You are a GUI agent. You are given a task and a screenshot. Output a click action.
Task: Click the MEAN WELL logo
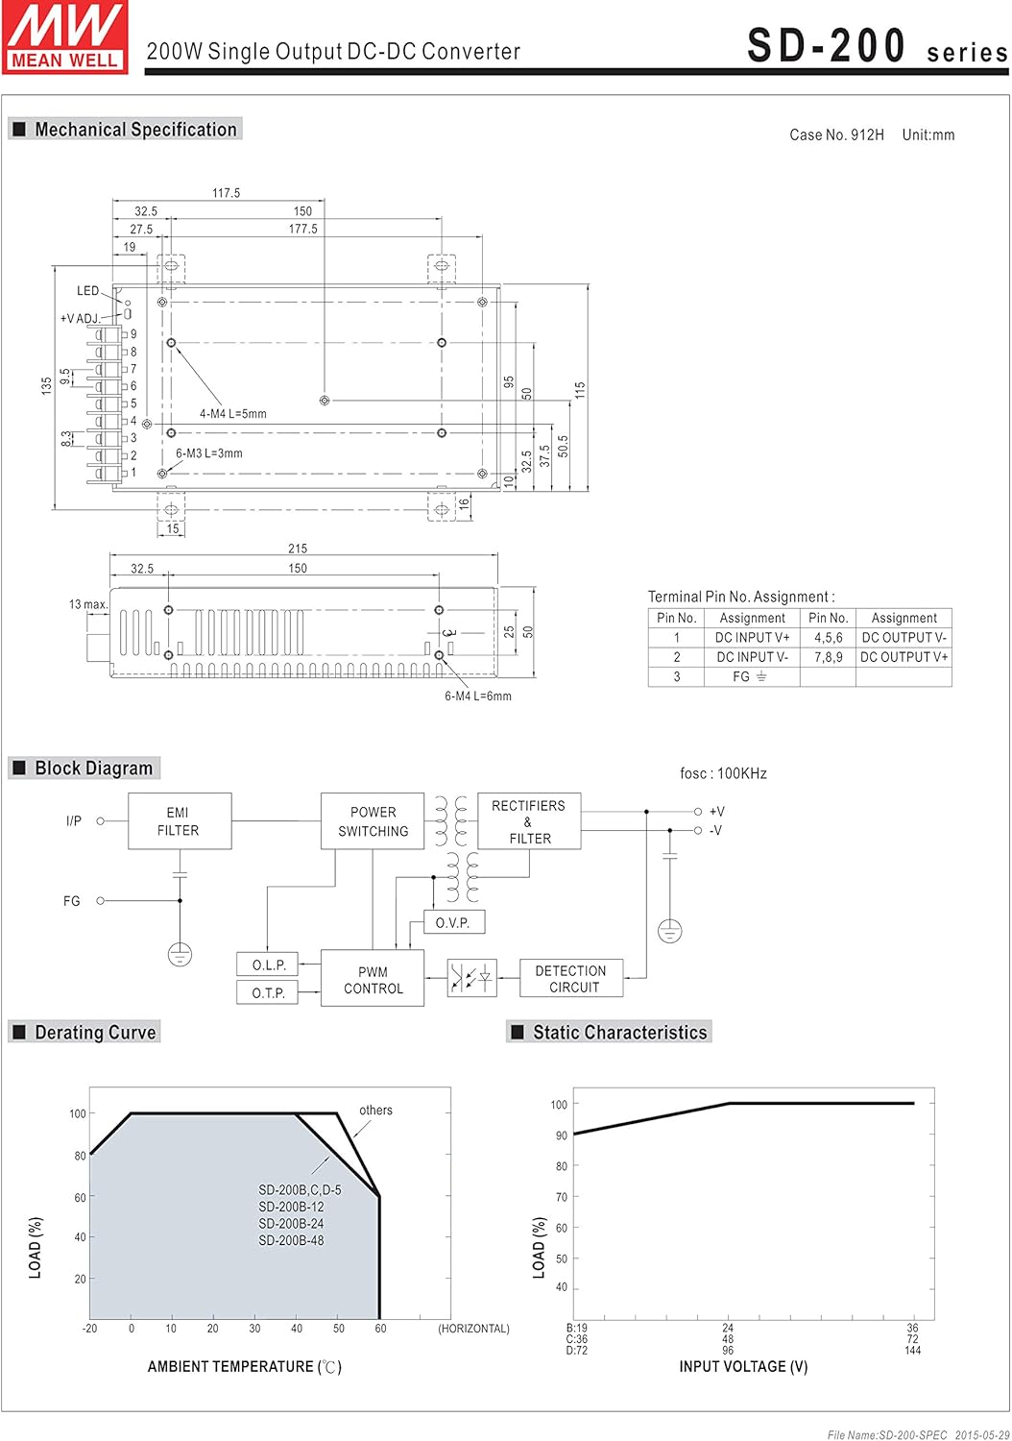pyautogui.click(x=65, y=37)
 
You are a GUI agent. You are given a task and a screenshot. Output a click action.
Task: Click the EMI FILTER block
pyautogui.click(x=180, y=821)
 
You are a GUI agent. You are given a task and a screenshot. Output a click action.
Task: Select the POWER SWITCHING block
pyautogui.click(x=373, y=821)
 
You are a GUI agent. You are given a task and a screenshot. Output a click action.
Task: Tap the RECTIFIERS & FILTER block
pyautogui.click(x=529, y=821)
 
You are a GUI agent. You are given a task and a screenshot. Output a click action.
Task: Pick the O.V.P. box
pyautogui.click(x=453, y=922)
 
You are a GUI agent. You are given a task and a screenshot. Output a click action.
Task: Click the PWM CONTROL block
pyautogui.click(x=373, y=980)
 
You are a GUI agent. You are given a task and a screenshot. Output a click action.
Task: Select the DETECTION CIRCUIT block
pyautogui.click(x=571, y=979)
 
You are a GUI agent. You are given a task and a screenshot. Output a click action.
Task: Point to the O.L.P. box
pyautogui.click(x=268, y=965)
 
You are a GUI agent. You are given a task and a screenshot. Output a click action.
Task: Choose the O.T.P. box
pyautogui.click(x=268, y=992)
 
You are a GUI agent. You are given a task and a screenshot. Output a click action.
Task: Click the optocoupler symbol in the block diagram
pyautogui.click(x=472, y=979)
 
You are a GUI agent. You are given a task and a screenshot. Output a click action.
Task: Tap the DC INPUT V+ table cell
pyautogui.click(x=752, y=638)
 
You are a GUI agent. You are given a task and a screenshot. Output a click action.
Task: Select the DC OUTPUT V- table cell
pyautogui.click(x=904, y=638)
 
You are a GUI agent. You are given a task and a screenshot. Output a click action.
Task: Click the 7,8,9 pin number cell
pyautogui.click(x=828, y=657)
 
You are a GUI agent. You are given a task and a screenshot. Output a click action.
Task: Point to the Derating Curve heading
pyautogui.click(x=95, y=1033)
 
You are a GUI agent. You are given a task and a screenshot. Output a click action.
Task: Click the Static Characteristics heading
pyautogui.click(x=619, y=1033)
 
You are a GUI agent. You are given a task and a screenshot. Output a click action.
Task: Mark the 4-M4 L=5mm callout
pyautogui.click(x=233, y=414)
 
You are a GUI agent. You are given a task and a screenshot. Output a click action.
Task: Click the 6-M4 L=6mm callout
pyautogui.click(x=477, y=696)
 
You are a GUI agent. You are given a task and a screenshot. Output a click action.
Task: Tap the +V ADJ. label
pyautogui.click(x=80, y=318)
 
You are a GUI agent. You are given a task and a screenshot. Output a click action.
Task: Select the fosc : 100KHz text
pyautogui.click(x=723, y=773)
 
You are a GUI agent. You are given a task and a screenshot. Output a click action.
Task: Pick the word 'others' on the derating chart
pyautogui.click(x=375, y=1111)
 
